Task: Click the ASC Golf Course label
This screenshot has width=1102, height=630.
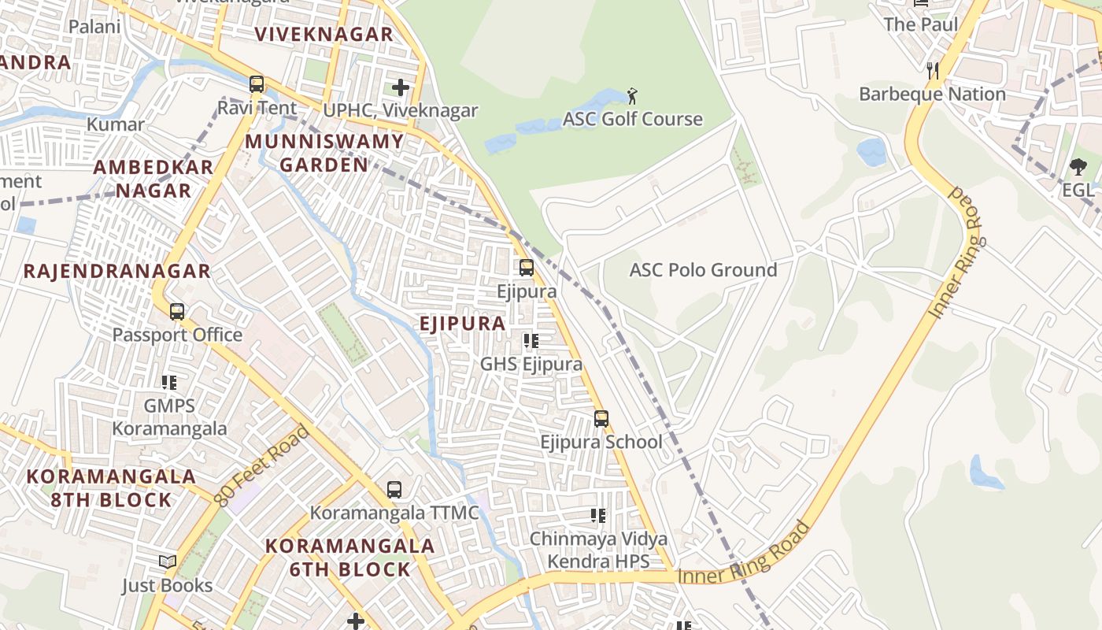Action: (632, 119)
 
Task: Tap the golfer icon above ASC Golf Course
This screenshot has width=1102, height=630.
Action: (632, 96)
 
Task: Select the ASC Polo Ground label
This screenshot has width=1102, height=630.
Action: (703, 270)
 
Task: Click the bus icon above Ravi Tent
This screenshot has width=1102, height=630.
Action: (257, 84)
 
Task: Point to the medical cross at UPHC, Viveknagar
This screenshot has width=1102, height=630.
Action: (401, 87)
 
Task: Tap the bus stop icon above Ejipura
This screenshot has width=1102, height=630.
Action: (527, 268)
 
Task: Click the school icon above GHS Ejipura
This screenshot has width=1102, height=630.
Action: (531, 341)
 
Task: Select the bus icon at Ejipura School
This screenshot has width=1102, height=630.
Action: (601, 419)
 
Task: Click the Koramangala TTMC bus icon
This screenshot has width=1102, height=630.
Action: (394, 490)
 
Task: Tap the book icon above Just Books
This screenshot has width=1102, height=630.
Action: (168, 562)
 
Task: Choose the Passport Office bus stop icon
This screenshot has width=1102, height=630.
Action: (177, 312)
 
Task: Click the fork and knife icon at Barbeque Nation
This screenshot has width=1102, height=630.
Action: (933, 71)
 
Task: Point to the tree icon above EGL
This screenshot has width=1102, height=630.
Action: (1078, 167)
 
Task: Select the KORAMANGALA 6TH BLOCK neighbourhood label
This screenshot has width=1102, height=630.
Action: (349, 558)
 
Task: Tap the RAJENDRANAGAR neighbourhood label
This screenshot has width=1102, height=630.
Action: (116, 272)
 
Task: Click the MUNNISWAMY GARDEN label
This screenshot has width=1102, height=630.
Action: (324, 154)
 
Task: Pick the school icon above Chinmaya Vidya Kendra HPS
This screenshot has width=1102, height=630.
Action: (598, 516)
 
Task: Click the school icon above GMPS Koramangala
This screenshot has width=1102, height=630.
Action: (169, 383)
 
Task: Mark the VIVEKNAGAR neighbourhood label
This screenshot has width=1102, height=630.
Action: (324, 35)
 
